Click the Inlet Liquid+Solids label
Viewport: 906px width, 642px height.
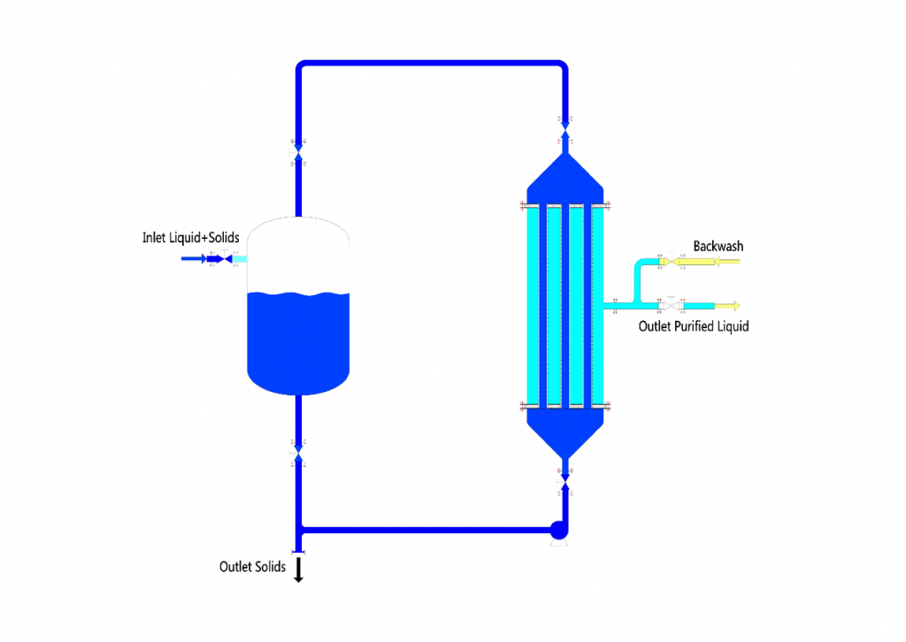(x=190, y=238)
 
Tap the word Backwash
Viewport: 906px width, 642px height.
(x=718, y=246)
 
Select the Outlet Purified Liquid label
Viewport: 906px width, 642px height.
(x=694, y=326)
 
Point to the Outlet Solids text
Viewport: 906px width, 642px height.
(x=252, y=567)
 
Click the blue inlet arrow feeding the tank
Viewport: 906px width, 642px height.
(x=193, y=258)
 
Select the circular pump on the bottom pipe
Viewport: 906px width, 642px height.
(x=558, y=531)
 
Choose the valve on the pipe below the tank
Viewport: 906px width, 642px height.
(x=298, y=455)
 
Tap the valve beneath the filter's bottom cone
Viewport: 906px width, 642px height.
(x=564, y=479)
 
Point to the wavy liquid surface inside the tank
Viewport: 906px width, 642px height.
(x=298, y=295)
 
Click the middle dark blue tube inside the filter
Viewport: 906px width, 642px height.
(x=564, y=306)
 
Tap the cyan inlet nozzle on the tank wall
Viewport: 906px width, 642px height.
(x=240, y=258)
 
